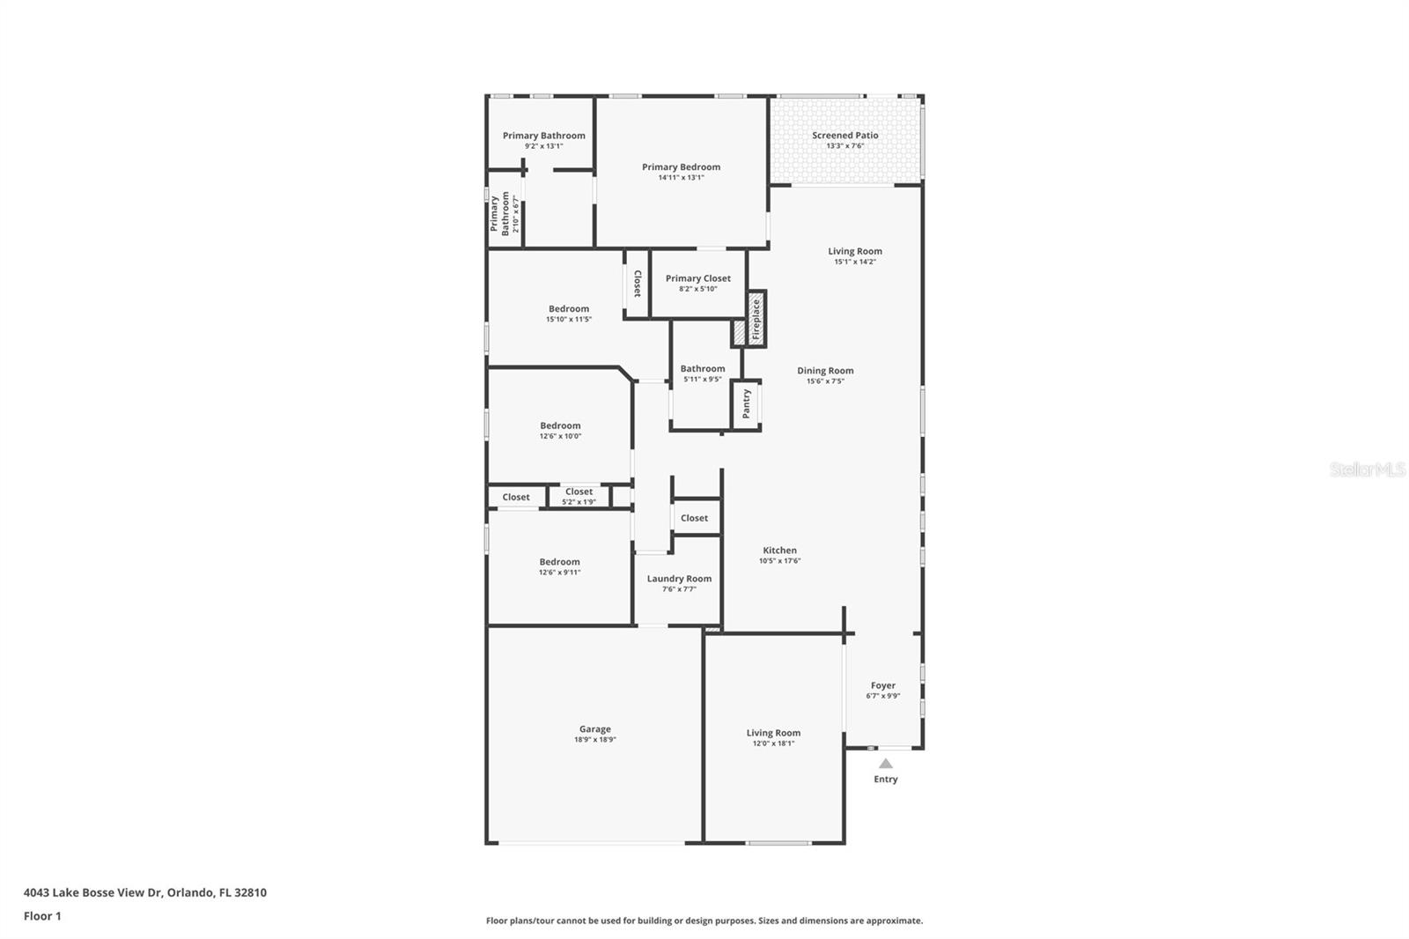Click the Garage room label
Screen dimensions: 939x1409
594,729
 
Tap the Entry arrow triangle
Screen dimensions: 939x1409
885,764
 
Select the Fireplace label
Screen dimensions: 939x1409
756,319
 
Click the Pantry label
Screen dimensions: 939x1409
746,403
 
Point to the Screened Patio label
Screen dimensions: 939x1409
845,136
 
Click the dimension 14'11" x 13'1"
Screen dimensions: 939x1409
681,178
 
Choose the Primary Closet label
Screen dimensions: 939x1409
697,278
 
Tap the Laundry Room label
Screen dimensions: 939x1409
679,579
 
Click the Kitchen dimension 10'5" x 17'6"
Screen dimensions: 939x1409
779,561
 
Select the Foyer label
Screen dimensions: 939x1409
882,685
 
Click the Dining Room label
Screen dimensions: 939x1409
825,371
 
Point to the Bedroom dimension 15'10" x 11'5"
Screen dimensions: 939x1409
568,320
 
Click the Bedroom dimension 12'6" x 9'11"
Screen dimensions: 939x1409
559,573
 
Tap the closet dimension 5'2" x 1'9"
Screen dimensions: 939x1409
579,502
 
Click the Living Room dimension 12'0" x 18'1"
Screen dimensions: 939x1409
773,743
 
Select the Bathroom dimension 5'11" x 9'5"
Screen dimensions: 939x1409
702,380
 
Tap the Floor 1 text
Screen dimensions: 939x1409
42,916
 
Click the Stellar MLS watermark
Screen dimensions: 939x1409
1367,470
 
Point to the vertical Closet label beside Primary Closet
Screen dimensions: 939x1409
637,284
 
